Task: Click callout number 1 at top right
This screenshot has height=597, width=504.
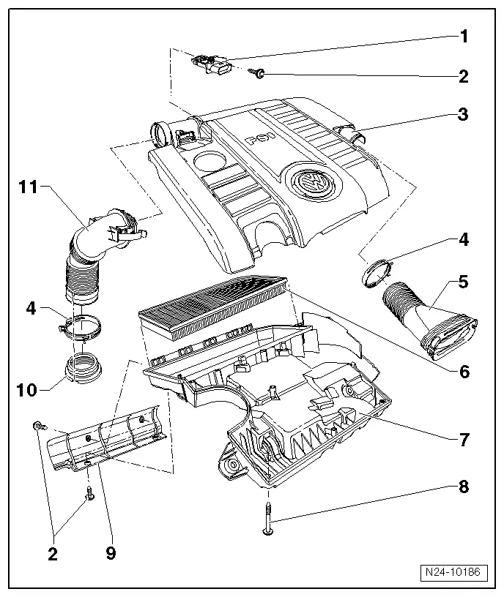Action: point(464,35)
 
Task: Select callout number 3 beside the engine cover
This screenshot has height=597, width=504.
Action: point(464,114)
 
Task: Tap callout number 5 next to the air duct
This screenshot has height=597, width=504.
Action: point(464,280)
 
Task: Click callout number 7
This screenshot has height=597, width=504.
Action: point(464,440)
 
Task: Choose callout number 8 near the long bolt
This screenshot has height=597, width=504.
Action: point(464,487)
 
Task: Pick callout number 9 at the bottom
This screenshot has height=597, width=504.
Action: point(111,553)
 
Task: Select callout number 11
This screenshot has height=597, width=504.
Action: point(28,187)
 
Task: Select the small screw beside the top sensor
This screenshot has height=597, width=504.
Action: point(258,72)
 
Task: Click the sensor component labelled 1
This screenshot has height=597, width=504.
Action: point(212,64)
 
